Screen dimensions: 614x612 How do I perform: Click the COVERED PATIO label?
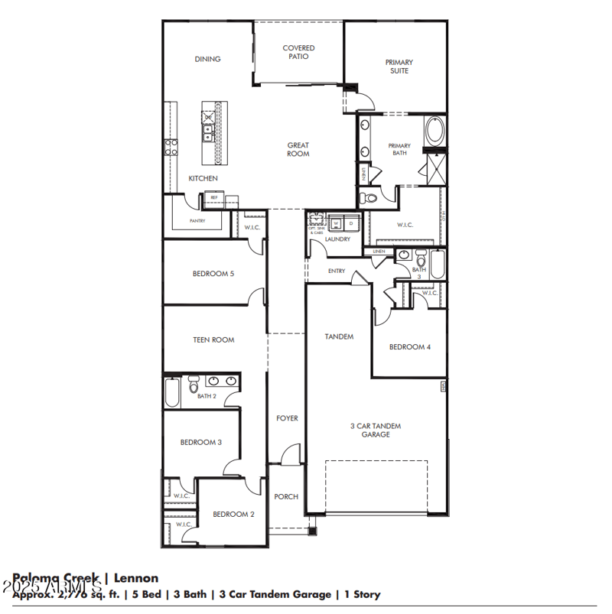click(298, 52)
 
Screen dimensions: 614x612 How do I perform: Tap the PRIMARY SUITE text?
click(399, 67)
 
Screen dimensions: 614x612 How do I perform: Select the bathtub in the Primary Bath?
click(435, 131)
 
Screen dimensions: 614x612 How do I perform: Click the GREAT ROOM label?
click(298, 149)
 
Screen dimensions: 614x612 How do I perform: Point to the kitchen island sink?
click(208, 135)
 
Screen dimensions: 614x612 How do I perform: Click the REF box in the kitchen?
click(214, 197)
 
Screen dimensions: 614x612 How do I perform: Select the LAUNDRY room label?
click(337, 239)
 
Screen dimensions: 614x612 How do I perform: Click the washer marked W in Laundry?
click(336, 223)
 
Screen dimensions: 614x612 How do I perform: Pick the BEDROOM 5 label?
click(213, 273)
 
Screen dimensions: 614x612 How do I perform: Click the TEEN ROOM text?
click(213, 339)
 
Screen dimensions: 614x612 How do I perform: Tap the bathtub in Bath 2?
click(172, 392)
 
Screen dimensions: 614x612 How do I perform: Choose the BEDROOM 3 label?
click(200, 442)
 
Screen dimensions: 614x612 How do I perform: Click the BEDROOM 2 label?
click(233, 514)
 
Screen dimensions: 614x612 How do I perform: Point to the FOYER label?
click(287, 418)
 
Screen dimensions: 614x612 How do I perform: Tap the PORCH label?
click(286, 496)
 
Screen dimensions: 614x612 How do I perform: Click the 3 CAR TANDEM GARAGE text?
click(376, 430)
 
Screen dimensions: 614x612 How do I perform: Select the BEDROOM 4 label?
click(409, 346)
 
